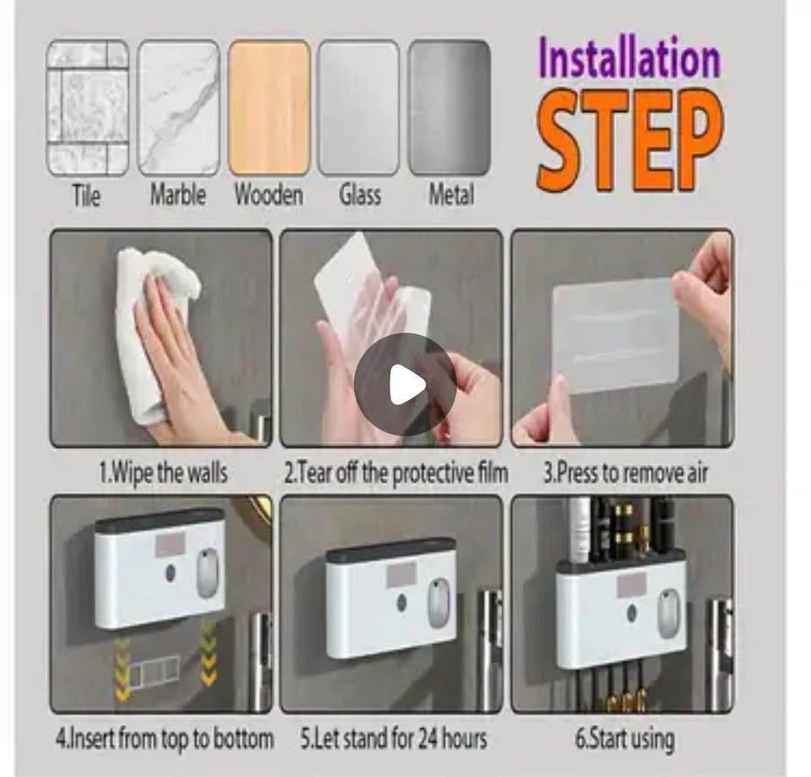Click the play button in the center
click(405, 384)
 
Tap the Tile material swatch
click(87, 108)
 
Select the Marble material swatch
click(178, 108)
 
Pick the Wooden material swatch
click(269, 108)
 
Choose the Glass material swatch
click(359, 108)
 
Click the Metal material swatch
click(449, 108)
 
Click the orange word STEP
click(629, 141)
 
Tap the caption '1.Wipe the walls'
click(163, 473)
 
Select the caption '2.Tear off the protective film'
click(396, 473)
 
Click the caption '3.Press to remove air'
click(625, 473)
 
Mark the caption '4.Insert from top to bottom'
click(165, 739)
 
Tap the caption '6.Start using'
click(625, 739)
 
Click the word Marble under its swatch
click(178, 195)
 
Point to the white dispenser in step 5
click(390, 598)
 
